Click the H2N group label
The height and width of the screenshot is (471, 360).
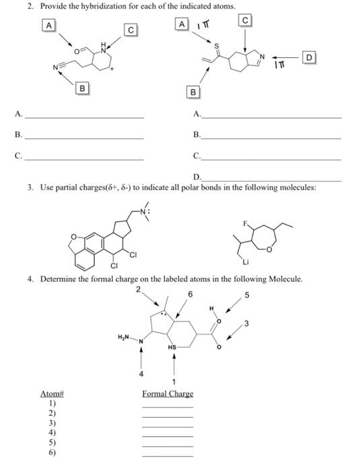(124, 336)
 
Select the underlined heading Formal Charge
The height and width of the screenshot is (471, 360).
(168, 394)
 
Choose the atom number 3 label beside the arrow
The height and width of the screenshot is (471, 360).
(247, 326)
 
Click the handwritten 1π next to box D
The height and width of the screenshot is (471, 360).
(281, 63)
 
